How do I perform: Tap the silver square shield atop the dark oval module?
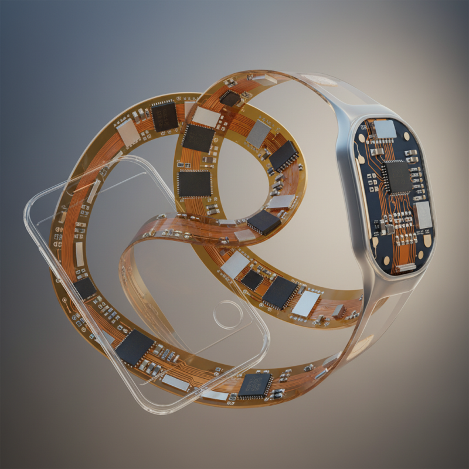[x=385, y=128]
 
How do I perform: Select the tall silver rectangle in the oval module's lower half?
[x=422, y=216]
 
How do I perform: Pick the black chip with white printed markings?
[x=255, y=384]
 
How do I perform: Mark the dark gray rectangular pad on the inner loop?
[x=257, y=134]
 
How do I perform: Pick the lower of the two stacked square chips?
[x=193, y=183]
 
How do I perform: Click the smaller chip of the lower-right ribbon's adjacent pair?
[x=253, y=280]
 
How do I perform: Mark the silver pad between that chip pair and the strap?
[x=306, y=303]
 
